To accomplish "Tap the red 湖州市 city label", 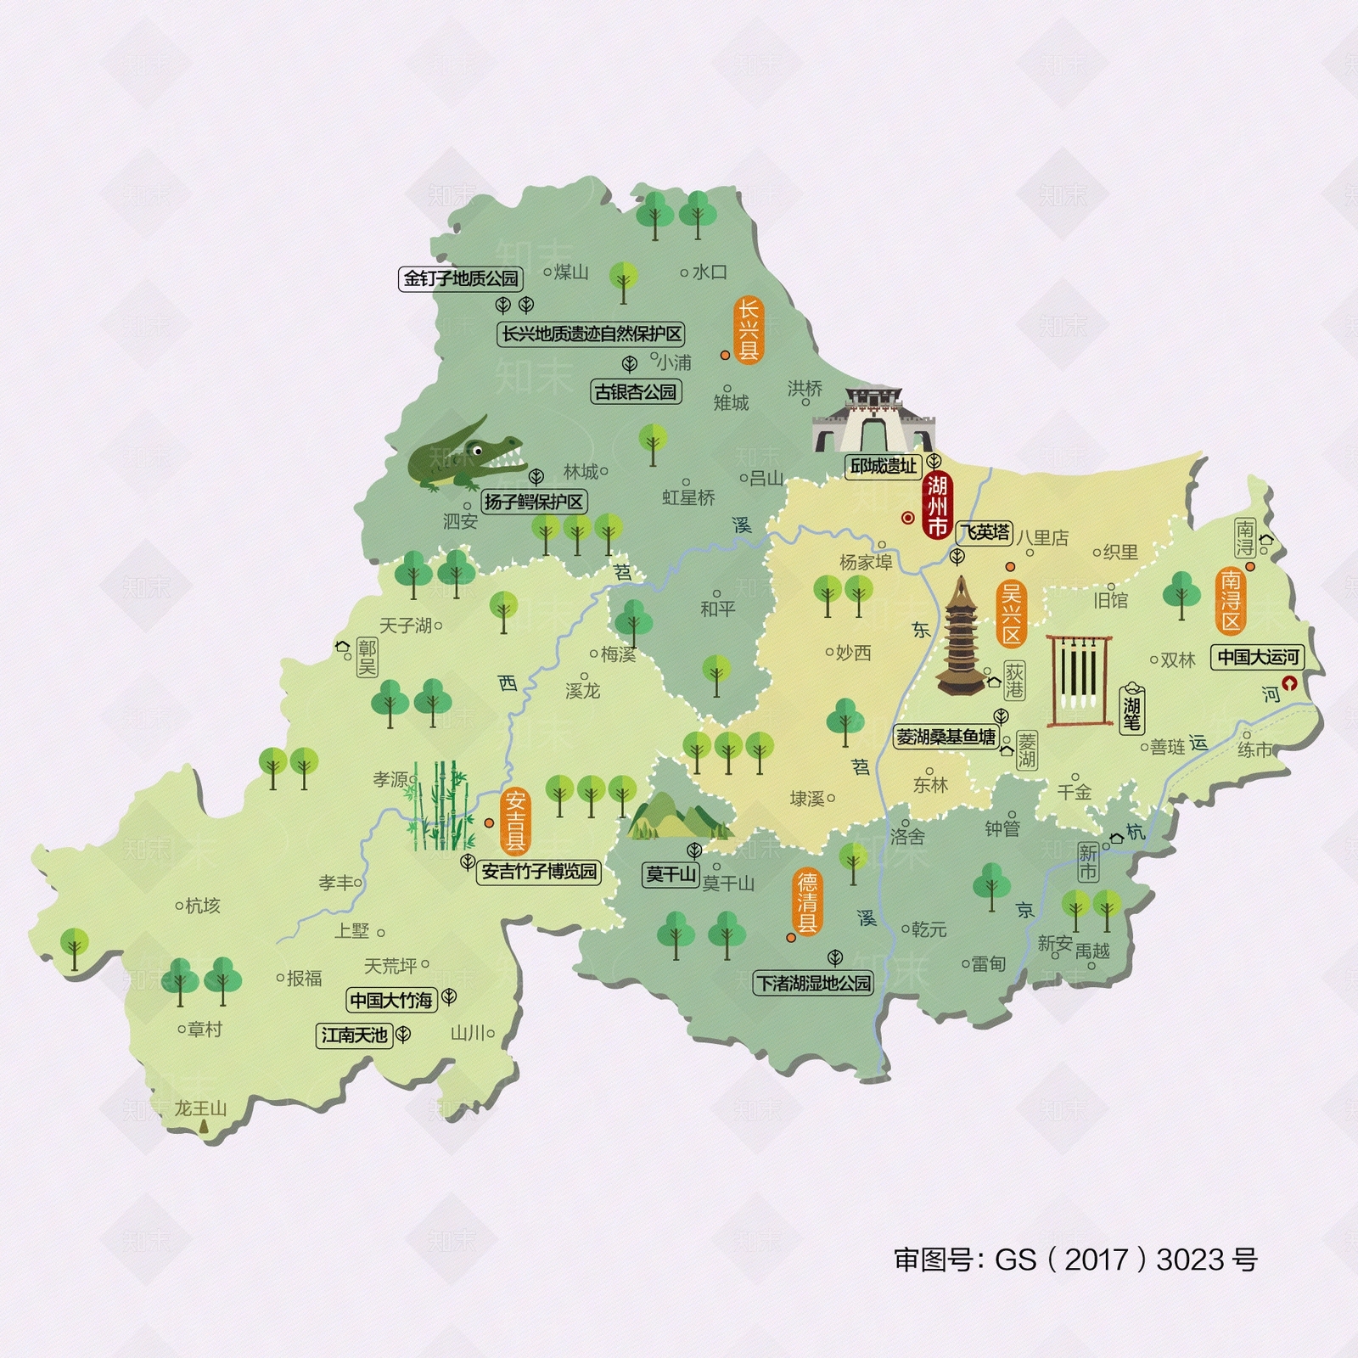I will pos(936,506).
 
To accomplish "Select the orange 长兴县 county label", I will pos(748,330).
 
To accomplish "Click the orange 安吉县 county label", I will pos(515,821).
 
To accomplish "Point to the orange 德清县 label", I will pos(806,902).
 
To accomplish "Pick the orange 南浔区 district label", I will pos(1231,601).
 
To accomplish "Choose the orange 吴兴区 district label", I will pos(1011,613).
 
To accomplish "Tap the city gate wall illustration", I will pos(873,421).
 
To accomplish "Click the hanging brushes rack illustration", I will pos(1080,680).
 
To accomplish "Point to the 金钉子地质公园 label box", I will pos(460,278).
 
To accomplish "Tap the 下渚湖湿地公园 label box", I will pos(813,983).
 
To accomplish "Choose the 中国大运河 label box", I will pos(1258,657).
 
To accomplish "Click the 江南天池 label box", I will pos(354,1035).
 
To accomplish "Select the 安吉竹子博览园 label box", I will pos(539,872).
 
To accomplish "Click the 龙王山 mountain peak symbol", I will pos(203,1125).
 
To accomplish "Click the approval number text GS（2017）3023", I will pos(1075,1260).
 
